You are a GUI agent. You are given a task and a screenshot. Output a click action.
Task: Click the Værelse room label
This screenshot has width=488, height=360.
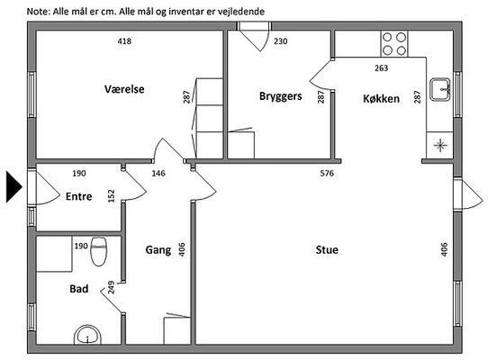click(124, 89)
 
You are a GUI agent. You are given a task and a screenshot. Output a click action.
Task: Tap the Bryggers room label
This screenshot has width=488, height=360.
click(280, 96)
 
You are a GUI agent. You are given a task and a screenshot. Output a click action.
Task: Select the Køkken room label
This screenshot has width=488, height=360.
click(381, 99)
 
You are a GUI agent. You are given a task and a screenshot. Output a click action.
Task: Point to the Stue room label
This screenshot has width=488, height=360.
click(327, 250)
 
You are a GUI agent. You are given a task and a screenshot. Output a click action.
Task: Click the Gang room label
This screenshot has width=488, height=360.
click(158, 250)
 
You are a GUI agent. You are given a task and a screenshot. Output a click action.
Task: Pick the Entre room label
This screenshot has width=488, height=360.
click(78, 196)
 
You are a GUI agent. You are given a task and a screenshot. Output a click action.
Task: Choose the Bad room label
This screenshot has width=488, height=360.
click(78, 289)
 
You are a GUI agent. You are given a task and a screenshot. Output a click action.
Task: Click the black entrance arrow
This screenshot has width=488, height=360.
click(14, 187)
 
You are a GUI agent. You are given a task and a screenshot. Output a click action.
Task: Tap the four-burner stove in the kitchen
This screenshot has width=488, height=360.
click(394, 43)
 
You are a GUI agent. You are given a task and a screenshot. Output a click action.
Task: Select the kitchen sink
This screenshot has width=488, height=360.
click(440, 89)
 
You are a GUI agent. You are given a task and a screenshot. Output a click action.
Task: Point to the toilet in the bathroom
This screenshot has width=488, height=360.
click(99, 251)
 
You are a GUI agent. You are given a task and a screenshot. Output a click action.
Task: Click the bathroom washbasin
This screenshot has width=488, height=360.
click(87, 335)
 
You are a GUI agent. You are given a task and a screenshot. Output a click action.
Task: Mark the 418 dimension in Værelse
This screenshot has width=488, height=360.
click(124, 41)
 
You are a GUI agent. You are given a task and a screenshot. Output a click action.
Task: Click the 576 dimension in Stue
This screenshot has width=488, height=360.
click(327, 174)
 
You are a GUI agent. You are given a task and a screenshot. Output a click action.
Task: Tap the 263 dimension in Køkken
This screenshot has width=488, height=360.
click(381, 67)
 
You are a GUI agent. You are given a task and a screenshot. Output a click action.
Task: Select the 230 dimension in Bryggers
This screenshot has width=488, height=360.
click(280, 41)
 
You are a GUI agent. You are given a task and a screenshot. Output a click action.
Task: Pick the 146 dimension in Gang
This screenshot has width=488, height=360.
click(158, 174)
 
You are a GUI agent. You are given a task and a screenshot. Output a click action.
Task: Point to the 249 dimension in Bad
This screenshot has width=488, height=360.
click(111, 287)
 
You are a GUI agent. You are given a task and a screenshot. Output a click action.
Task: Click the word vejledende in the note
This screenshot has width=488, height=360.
click(242, 12)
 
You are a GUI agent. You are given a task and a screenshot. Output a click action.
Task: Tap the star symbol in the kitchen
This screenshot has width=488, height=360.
click(440, 145)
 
